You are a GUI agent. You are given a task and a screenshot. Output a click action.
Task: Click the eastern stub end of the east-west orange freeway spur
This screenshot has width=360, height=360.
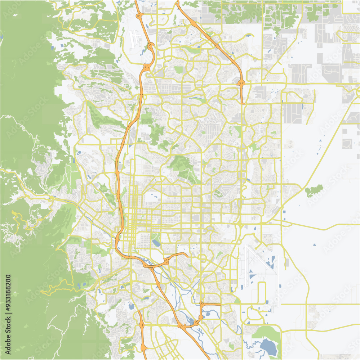pos(188,256)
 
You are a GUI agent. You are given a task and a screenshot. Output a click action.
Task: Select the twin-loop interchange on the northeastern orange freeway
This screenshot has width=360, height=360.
pos(241,84)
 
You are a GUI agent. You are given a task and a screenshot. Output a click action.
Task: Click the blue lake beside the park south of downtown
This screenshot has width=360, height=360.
pos(156,243)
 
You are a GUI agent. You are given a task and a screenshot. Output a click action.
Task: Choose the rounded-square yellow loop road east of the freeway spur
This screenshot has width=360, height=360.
pos(202,258)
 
